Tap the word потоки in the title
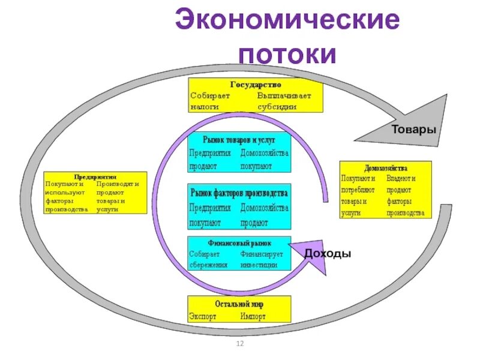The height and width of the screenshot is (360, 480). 287,55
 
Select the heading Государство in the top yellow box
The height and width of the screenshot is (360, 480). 256,85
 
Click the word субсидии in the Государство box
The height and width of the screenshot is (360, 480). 277,106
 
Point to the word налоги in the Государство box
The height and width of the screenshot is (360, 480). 205,106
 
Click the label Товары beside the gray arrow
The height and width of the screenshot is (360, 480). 413,130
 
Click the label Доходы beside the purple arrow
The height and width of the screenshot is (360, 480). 327,254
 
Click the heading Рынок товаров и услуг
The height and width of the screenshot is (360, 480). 239,139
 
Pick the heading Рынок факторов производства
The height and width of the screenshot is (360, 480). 239,193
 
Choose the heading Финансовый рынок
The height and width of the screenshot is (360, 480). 239,244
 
